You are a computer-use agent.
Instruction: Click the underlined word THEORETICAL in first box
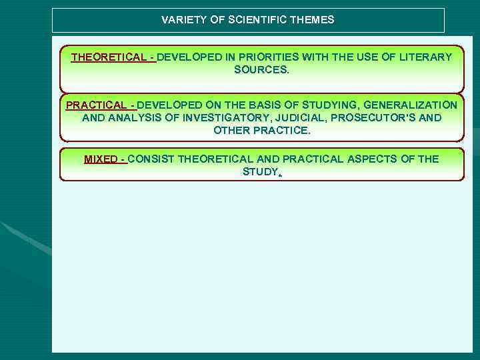tap(110, 57)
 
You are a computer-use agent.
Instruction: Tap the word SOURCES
tap(262, 70)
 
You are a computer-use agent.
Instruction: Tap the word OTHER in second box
tap(231, 131)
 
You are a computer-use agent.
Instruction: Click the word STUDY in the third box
tap(259, 172)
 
